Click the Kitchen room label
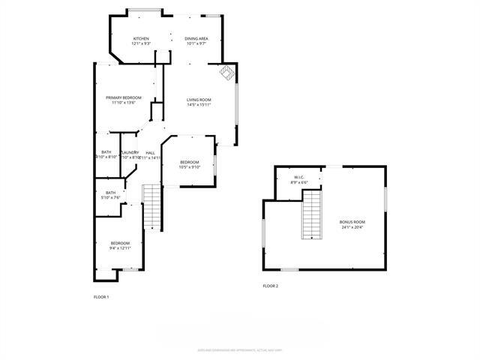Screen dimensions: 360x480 coord(142,39)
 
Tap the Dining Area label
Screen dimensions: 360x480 coord(197,39)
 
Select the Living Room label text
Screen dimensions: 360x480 coord(199,100)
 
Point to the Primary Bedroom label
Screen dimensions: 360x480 coord(124,97)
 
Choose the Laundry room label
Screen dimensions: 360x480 coord(130,152)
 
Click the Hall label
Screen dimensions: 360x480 coord(150,152)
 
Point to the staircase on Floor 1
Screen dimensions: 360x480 coord(152,208)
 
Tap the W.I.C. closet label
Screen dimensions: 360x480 coord(299,177)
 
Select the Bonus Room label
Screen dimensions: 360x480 coord(352,223)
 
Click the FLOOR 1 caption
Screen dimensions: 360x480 coord(101,297)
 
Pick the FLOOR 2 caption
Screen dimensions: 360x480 coord(270,286)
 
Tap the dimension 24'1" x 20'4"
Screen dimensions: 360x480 coord(352,228)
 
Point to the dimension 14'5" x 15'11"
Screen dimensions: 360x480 coord(199,105)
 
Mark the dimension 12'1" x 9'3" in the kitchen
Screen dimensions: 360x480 coord(142,44)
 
